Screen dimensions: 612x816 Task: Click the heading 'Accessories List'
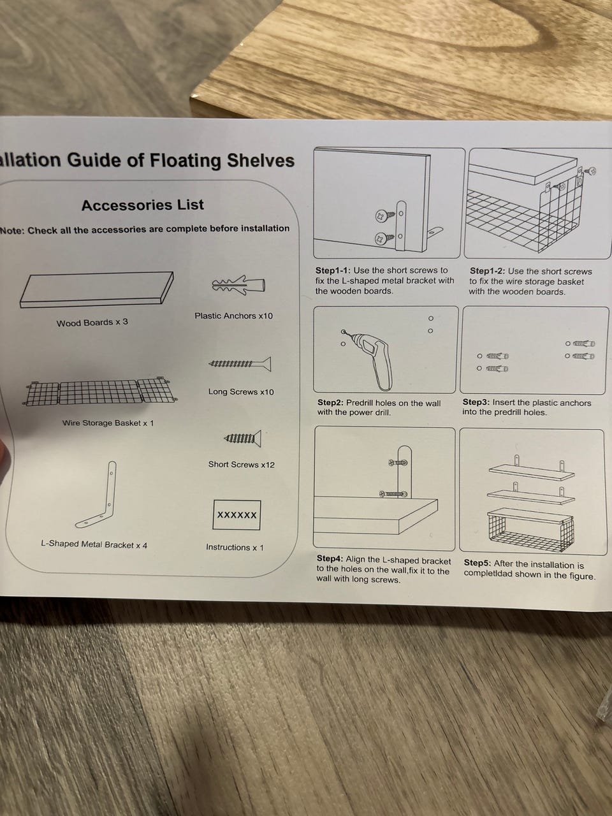(143, 205)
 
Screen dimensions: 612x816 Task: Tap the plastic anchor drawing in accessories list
(238, 285)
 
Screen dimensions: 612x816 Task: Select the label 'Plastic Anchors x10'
(234, 316)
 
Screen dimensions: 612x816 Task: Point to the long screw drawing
(240, 364)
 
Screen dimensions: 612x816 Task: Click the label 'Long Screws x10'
(241, 392)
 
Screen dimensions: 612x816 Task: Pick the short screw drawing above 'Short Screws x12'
(242, 439)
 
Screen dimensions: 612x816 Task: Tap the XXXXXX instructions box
(237, 515)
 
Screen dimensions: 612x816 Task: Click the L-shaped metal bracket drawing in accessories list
(97, 495)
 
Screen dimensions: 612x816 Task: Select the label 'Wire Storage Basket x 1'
(108, 423)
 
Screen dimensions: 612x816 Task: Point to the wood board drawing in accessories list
(97, 289)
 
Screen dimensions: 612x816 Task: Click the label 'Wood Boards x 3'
(92, 323)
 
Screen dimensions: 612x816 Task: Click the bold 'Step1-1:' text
(333, 270)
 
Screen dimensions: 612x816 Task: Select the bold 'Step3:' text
(476, 402)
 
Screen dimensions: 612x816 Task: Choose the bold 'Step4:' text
(330, 559)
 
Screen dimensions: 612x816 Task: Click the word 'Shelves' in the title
(261, 161)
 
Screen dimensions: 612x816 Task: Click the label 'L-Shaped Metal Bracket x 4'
(94, 544)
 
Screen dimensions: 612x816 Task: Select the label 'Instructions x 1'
(235, 547)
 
